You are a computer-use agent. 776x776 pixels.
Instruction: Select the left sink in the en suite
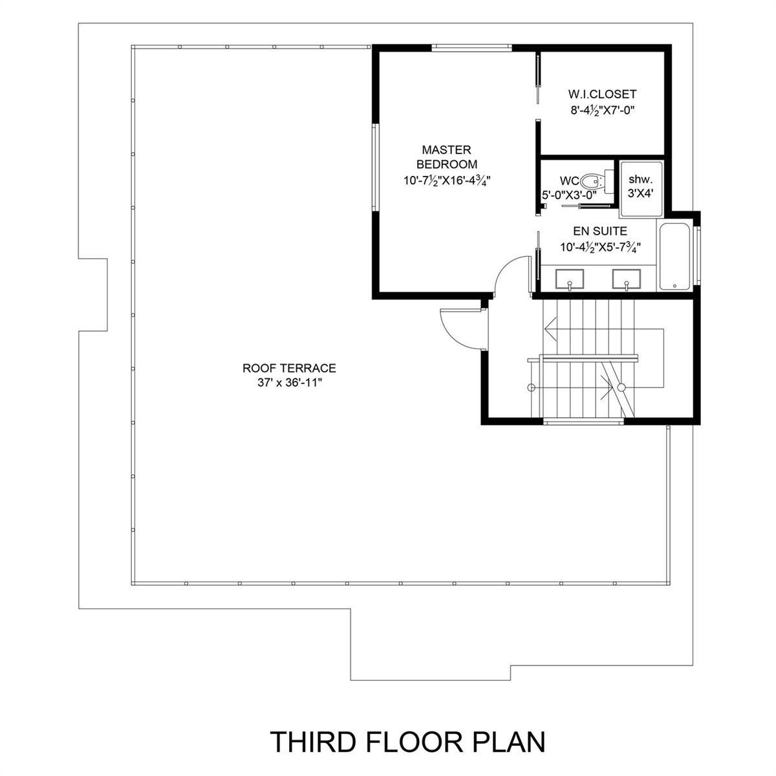point(570,279)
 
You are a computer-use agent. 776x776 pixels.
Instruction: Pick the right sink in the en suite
point(626,279)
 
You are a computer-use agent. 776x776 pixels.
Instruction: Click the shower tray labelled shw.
point(641,189)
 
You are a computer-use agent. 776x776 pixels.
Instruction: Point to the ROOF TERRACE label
point(289,368)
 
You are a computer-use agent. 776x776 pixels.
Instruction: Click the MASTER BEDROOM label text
point(447,157)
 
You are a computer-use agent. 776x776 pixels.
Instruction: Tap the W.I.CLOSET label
point(603,94)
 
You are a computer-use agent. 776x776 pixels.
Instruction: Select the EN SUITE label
point(600,231)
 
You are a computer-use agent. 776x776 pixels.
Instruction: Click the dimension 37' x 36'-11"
point(290,383)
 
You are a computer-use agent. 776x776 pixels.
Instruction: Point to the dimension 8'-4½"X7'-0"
point(603,110)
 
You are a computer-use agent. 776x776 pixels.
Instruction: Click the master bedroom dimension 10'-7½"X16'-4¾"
point(447,180)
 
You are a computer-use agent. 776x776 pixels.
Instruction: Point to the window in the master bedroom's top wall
point(471,48)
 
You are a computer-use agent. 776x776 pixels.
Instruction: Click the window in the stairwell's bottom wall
point(583,422)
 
